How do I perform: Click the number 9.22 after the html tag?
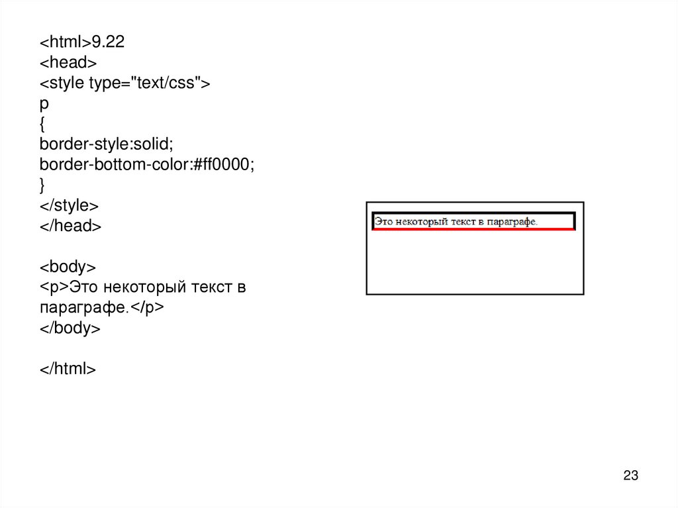[x=109, y=42]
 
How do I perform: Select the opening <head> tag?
[x=68, y=63]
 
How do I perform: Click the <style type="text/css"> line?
[x=124, y=83]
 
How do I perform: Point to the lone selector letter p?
[x=44, y=105]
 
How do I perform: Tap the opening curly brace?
[x=42, y=124]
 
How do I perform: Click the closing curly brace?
[x=42, y=185]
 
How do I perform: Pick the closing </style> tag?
[x=69, y=205]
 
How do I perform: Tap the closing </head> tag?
[x=70, y=226]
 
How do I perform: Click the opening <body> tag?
[x=68, y=267]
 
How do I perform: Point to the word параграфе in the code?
[x=81, y=308]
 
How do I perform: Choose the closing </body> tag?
[x=70, y=329]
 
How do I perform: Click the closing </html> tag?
[x=68, y=369]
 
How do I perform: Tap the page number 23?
[x=630, y=476]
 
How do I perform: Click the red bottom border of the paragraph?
[x=473, y=229]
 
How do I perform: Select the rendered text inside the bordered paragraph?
[x=456, y=221]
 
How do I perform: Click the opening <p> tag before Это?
[x=54, y=287]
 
